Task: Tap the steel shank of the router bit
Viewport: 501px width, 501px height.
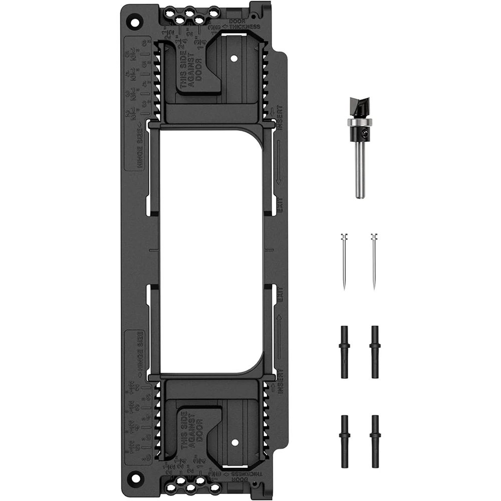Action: tap(359, 170)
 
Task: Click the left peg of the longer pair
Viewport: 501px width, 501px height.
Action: tap(344, 351)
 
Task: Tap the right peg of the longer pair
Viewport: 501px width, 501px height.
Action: tap(374, 351)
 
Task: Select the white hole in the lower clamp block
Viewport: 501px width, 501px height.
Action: tap(234, 442)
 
